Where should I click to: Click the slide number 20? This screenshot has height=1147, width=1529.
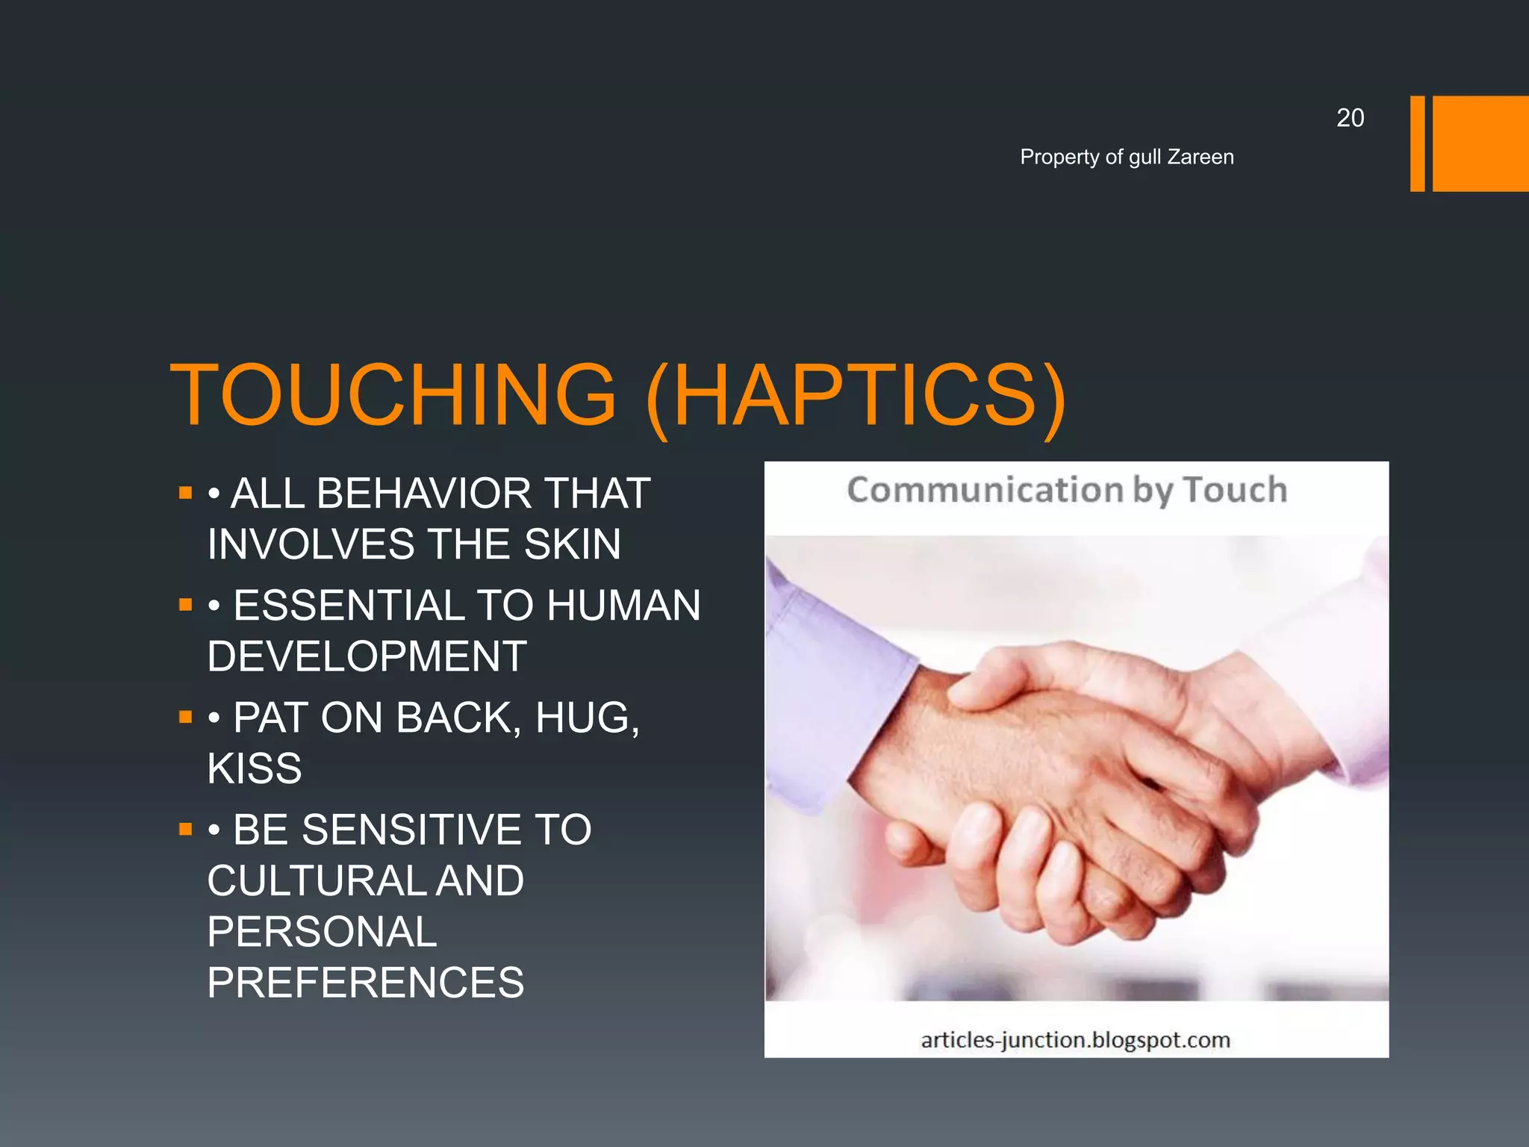click(1350, 118)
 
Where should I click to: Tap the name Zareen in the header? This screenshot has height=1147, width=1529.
click(1201, 157)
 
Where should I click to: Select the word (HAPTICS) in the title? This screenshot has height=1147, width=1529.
click(856, 396)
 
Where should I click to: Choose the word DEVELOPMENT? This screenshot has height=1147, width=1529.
click(367, 656)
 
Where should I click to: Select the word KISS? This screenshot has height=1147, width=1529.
click(255, 768)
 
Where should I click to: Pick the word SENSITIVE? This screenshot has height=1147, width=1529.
click(406, 830)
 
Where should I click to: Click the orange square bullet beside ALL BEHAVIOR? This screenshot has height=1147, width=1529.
click(186, 493)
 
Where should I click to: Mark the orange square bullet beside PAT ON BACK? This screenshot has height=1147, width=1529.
click(186, 718)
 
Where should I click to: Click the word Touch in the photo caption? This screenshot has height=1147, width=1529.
click(1235, 491)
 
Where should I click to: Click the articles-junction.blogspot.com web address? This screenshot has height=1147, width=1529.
click(1075, 1039)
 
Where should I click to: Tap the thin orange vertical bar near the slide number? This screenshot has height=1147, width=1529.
click(1417, 143)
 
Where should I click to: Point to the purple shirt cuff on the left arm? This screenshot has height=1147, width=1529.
click(836, 687)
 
